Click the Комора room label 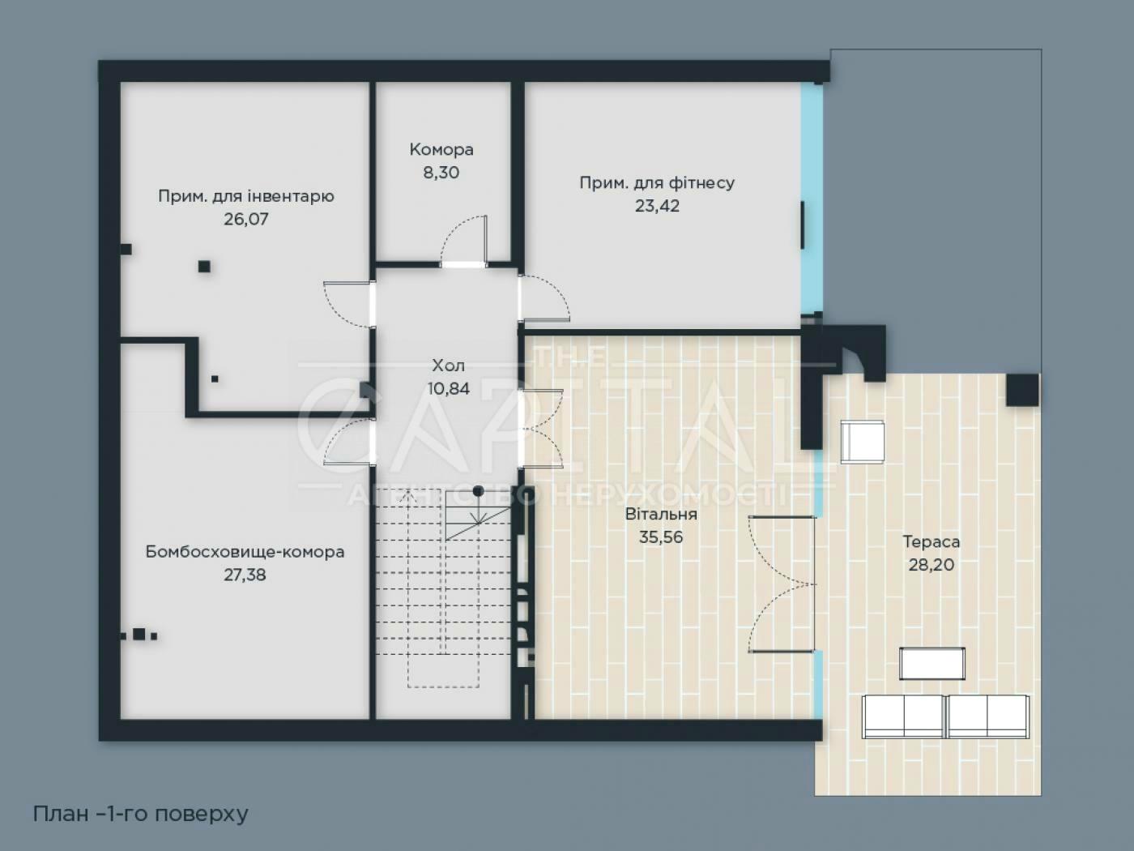441,150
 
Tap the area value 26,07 246,219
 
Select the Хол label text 449,366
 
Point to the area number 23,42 657,206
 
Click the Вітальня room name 661,514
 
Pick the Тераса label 932,541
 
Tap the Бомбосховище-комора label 245,552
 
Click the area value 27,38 245,575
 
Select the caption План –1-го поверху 140,814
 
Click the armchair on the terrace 863,442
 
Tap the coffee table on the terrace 932,664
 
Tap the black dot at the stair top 478,491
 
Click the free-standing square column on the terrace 1022,390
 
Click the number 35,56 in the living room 661,537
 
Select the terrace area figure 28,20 932,564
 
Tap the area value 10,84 449,388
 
